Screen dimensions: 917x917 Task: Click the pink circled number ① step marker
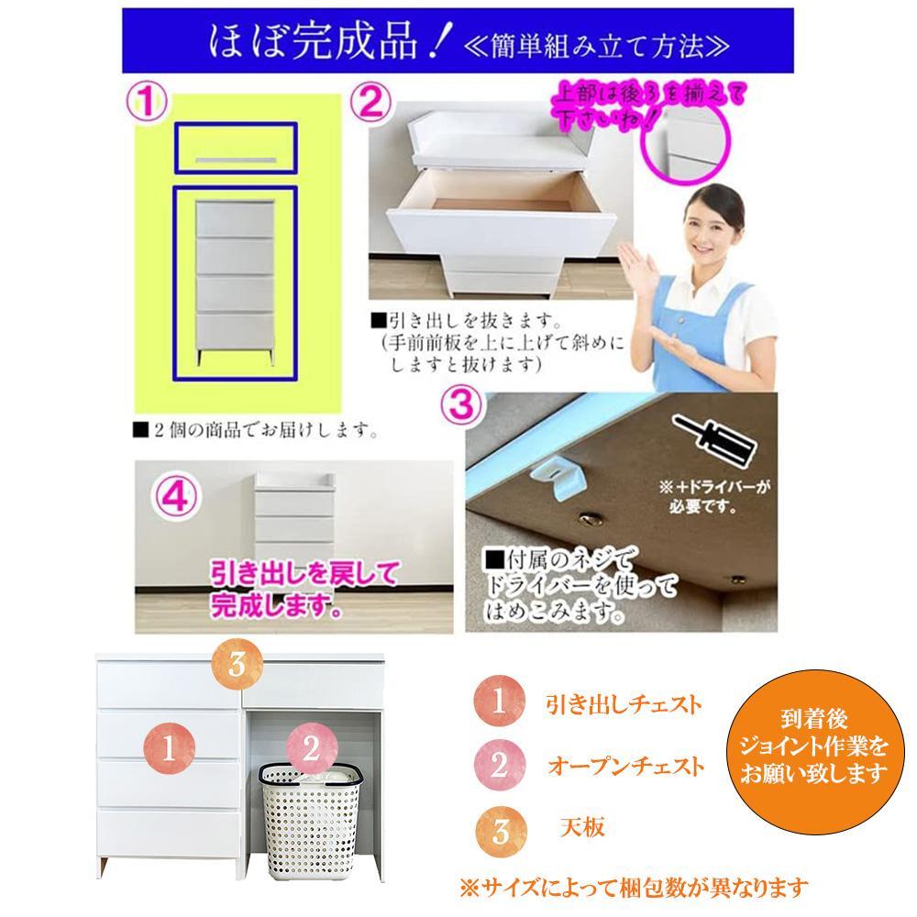(147, 103)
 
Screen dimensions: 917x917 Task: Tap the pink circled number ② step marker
(370, 103)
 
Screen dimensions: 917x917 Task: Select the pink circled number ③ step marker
(462, 406)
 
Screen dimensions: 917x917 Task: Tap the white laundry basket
(310, 820)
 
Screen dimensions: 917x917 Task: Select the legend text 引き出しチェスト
(624, 704)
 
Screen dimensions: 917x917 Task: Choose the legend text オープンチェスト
(625, 766)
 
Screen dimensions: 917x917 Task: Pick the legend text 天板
(582, 827)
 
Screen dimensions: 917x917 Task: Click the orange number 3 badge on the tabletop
(237, 664)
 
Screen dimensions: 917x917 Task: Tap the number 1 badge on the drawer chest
(169, 748)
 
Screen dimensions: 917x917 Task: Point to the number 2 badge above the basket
(312, 749)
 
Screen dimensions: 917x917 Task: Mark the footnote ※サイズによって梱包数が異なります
(634, 889)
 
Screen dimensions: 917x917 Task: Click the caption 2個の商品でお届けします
(256, 431)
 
